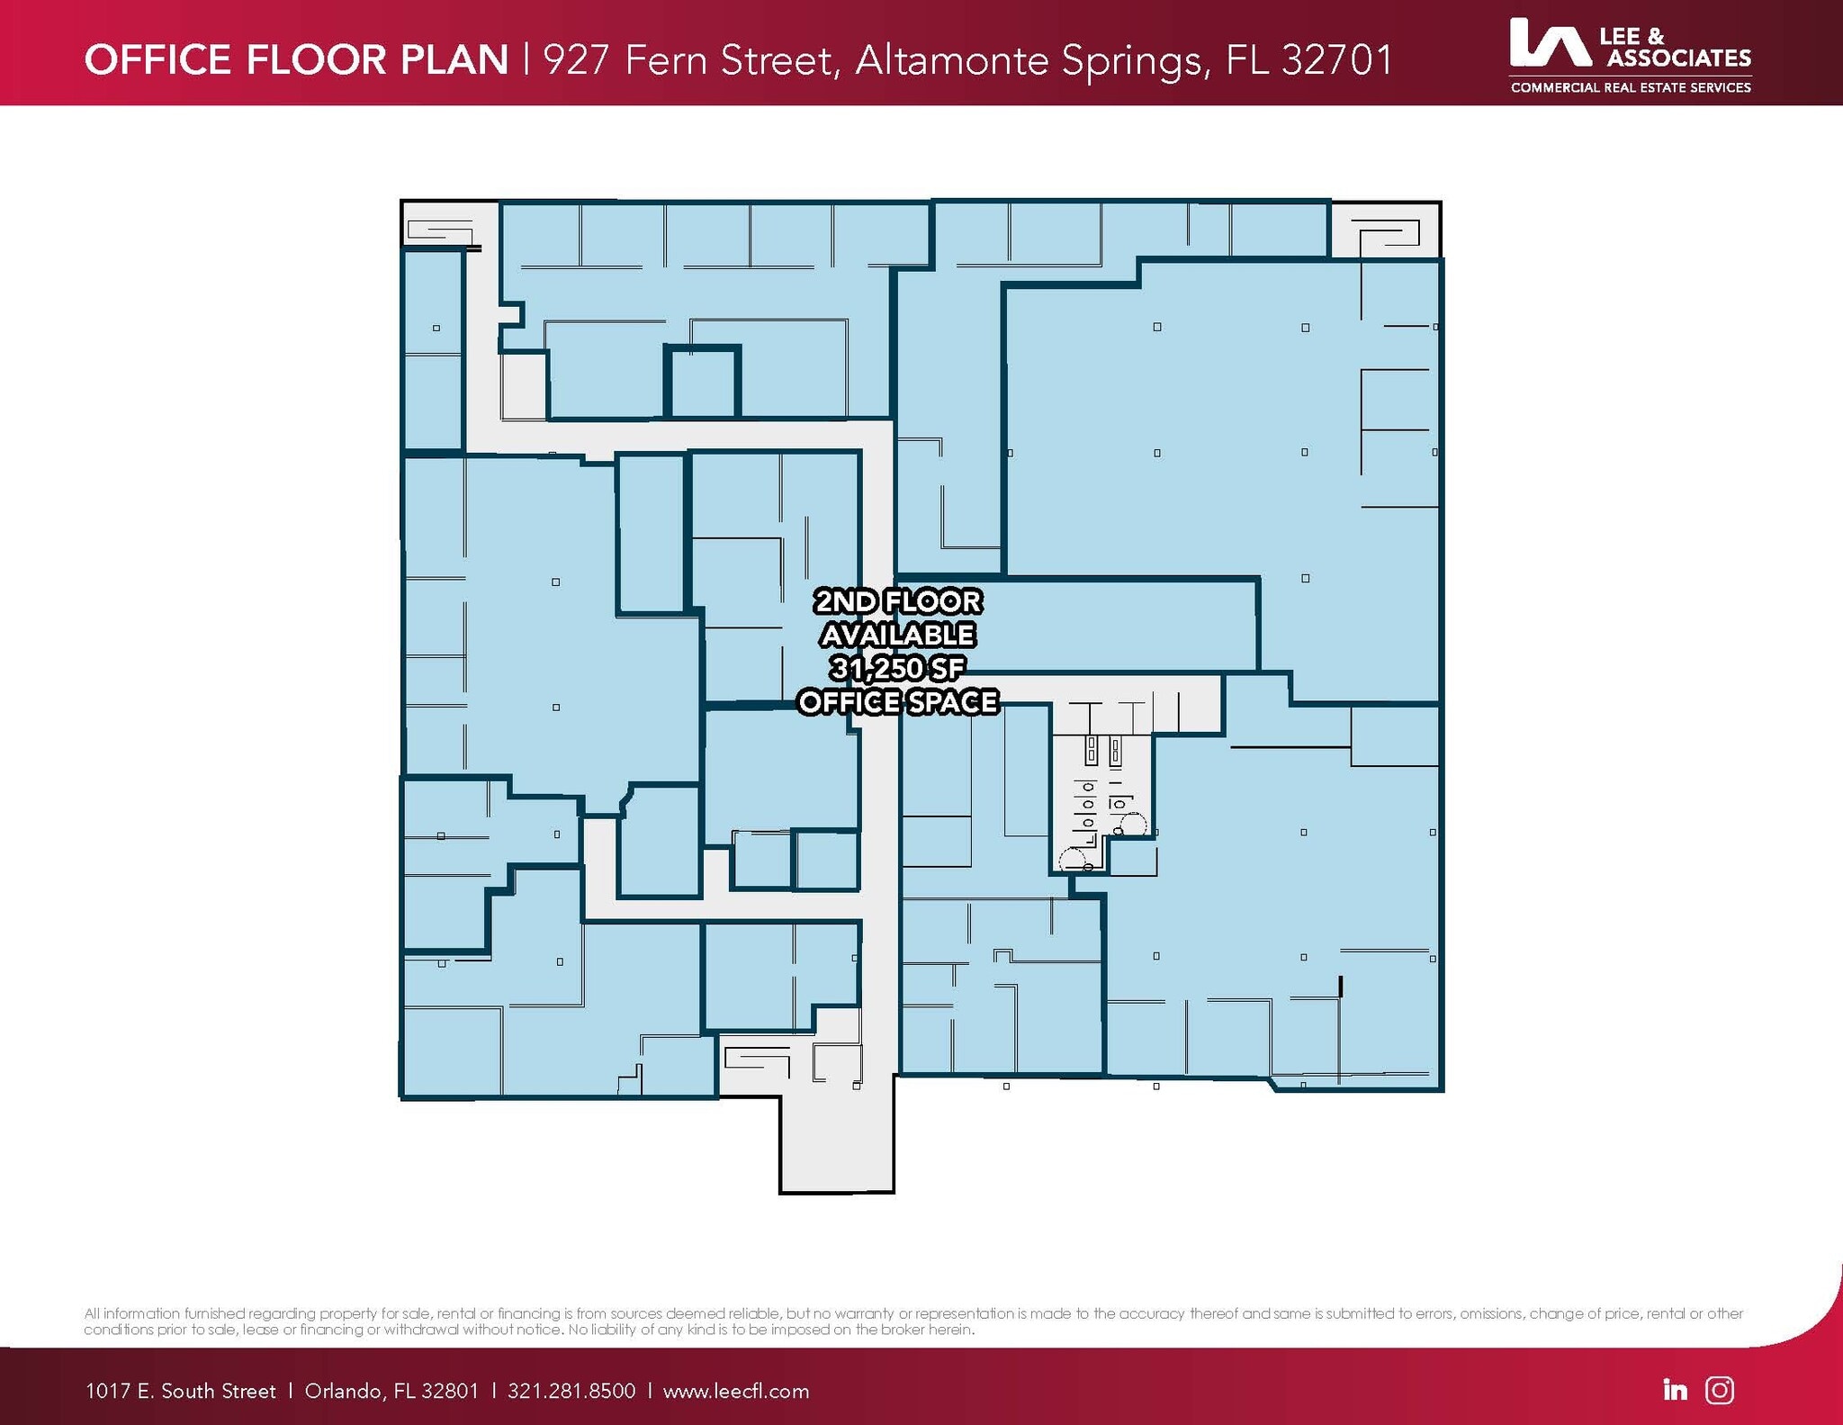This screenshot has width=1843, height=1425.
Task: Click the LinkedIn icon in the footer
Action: pos(1675,1390)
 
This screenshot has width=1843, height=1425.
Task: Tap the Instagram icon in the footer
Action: pos(1720,1390)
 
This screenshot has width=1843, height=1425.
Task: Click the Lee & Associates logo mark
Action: pos(1550,43)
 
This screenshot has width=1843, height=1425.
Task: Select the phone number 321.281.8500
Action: pos(571,1391)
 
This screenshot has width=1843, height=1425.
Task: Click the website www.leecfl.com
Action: pos(736,1391)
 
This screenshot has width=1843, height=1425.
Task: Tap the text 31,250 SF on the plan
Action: pos(897,668)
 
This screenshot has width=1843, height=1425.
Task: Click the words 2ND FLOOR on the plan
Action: pos(898,601)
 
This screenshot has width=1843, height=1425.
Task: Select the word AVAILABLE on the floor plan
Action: pos(898,635)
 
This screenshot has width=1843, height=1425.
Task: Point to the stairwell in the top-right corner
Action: pos(1385,230)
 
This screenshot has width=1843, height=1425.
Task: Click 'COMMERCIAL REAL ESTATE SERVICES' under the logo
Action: pos(1631,87)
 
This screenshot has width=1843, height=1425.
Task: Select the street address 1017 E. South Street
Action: pos(180,1391)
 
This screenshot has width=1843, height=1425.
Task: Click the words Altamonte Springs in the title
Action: pos(1029,61)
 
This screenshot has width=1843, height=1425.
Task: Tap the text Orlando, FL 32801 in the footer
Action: pos(391,1392)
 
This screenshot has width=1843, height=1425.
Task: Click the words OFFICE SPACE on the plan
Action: pos(898,701)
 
